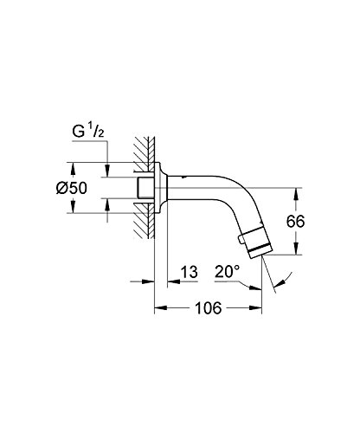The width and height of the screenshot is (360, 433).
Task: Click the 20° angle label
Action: [x=227, y=272]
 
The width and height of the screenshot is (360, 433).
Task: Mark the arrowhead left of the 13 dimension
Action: [x=149, y=280]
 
